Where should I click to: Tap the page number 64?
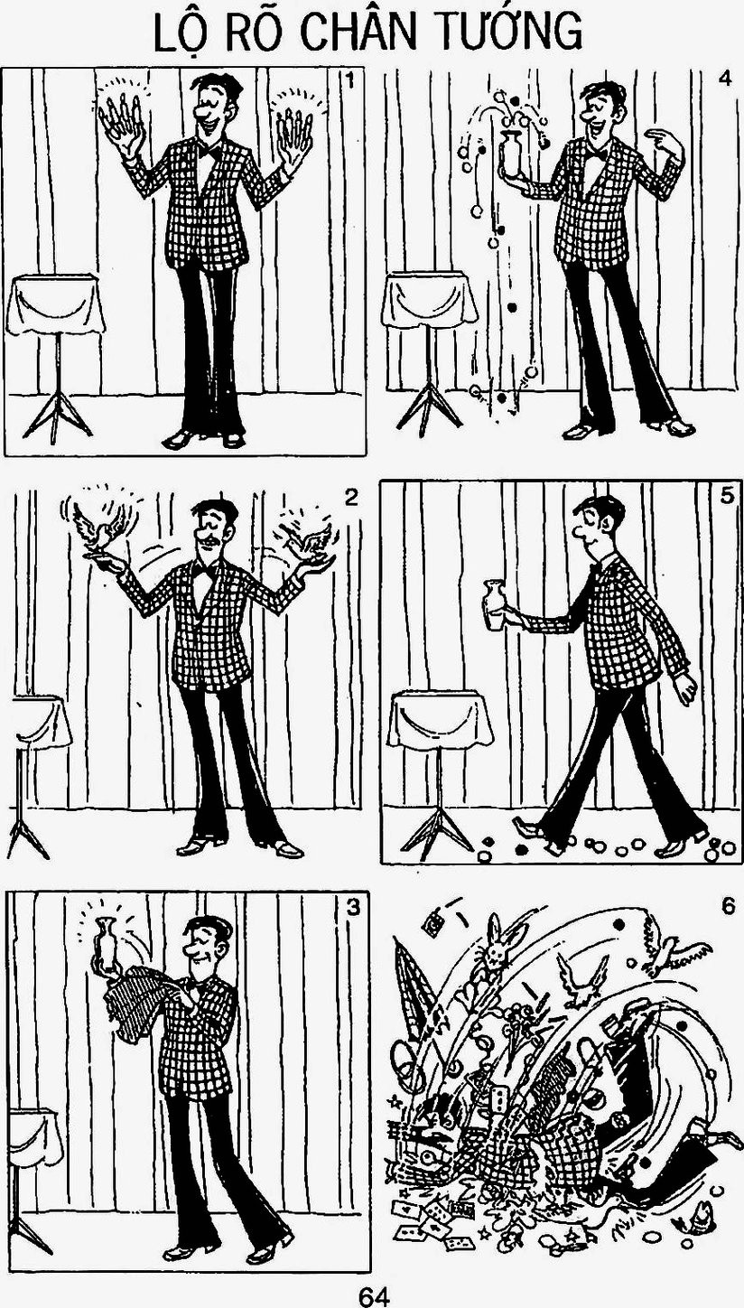coord(374,1296)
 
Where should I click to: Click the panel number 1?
coord(349,80)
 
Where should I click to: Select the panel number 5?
coord(727,496)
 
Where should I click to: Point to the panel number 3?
coord(352,908)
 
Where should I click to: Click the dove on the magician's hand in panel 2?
coord(99,528)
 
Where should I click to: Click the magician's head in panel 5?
coord(595,523)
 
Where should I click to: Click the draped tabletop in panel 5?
coord(439,718)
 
